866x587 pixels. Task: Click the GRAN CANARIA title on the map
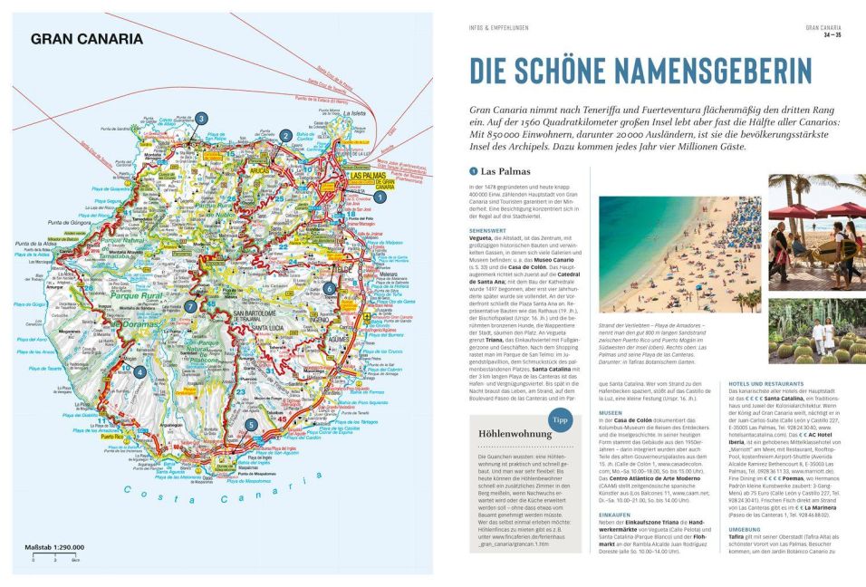click(87, 39)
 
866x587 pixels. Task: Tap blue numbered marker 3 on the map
click(201, 118)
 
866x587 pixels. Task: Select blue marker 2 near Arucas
click(285, 136)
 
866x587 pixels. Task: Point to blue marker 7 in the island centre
click(190, 306)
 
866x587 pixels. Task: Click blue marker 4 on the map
click(140, 370)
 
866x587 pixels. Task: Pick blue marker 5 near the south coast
click(251, 423)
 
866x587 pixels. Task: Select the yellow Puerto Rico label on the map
click(112, 437)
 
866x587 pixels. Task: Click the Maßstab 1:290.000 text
click(58, 548)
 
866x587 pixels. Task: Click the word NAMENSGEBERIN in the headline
click(707, 72)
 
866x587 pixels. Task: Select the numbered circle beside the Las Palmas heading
click(473, 171)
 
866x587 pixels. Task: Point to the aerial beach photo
click(679, 243)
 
